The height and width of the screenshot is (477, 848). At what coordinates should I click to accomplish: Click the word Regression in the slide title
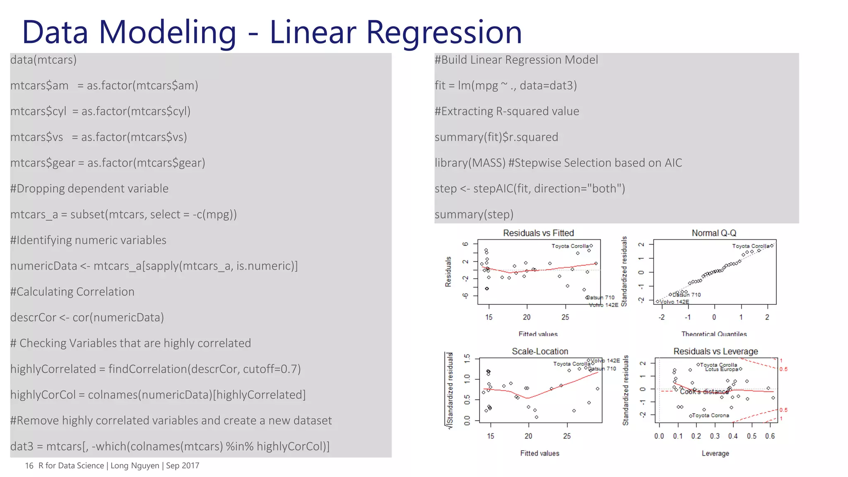[x=444, y=32]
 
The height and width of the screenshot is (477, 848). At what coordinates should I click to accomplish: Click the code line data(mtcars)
[x=43, y=60]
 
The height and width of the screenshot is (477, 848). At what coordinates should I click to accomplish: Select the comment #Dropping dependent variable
[x=89, y=189]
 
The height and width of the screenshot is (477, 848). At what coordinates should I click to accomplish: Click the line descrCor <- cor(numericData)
[x=87, y=318]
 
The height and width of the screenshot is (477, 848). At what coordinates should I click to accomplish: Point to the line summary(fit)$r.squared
[x=496, y=137]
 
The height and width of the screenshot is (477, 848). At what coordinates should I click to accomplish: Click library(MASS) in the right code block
[x=470, y=163]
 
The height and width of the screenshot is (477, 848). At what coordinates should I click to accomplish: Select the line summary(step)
[x=474, y=214]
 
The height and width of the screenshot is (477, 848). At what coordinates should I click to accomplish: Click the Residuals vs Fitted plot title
[x=538, y=233]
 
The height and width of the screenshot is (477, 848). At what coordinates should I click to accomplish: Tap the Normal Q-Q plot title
[x=714, y=233]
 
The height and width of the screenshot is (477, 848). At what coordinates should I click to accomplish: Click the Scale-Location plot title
[x=540, y=352]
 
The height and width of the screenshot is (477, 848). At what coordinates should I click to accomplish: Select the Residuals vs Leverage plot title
[x=715, y=352]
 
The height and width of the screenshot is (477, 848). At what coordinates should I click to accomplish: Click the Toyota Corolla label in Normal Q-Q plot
[x=750, y=246]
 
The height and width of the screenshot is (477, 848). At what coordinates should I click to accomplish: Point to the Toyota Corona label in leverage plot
[x=711, y=415]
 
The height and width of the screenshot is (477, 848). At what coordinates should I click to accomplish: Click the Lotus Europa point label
[x=721, y=369]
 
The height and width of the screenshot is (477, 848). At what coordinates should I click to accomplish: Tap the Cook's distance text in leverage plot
[x=704, y=392]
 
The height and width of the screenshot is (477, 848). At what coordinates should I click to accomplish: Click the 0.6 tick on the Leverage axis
[x=770, y=436]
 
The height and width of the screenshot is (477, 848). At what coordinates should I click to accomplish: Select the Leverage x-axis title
[x=715, y=453]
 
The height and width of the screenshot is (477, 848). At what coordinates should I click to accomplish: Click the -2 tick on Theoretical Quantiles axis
[x=662, y=317]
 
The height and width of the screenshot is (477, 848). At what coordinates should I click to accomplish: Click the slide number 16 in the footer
[x=29, y=466]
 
